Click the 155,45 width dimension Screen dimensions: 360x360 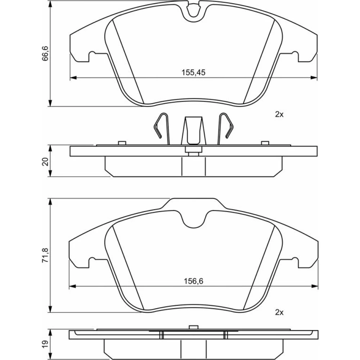pos(193,73)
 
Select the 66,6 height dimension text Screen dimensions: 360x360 pos(45,53)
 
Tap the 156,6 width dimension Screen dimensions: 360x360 pos(194,281)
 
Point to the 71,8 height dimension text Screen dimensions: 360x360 pos(45,255)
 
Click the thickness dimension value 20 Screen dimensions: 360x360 pos(45,162)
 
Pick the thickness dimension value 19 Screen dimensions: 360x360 pos(45,344)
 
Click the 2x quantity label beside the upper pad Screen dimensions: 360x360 pos(279,114)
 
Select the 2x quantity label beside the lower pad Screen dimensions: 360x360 pos(279,312)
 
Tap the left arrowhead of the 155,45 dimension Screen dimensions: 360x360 pos(73,78)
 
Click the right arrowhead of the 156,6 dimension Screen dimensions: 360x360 pos(315,286)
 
